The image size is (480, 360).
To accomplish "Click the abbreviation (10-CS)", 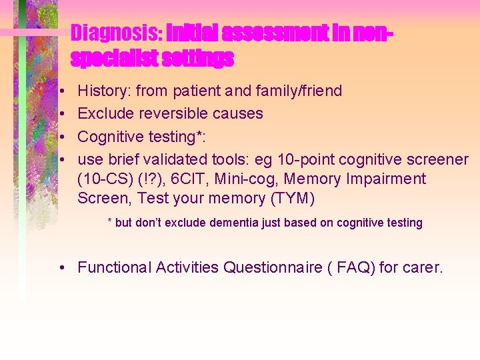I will (107, 179).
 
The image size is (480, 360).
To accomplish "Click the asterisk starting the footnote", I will (110, 222).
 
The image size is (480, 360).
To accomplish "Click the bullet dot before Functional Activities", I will (61, 268).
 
